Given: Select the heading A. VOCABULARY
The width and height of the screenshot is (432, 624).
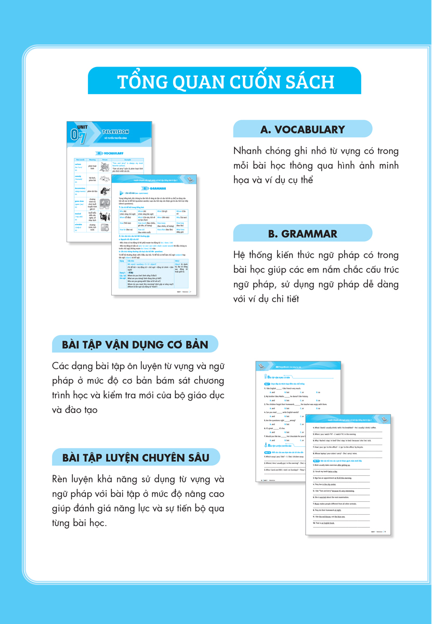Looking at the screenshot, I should click(303, 129).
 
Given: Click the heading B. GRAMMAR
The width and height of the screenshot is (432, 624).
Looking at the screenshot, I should click(303, 233).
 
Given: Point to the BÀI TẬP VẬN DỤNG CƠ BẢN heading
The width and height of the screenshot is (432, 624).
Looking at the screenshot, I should click(135, 345).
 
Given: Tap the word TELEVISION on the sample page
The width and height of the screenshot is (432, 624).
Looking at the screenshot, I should click(115, 132).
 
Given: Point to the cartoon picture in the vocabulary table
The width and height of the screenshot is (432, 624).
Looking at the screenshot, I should click(105, 166).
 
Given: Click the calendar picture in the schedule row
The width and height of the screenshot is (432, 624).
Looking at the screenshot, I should click(105, 227).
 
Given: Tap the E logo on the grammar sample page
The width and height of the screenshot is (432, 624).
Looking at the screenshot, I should click(191, 179).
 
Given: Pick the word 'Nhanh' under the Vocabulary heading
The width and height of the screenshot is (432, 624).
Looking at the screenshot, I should click(249, 151).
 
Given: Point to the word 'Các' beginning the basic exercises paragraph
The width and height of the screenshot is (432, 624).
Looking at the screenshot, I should click(63, 366).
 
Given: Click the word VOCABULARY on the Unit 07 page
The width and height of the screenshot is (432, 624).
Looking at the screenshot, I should click(113, 153).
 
